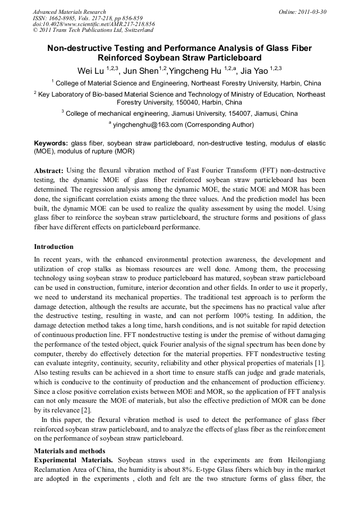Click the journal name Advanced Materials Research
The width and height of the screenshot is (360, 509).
click(x=69, y=12)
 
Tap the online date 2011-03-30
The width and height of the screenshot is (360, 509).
click(x=311, y=12)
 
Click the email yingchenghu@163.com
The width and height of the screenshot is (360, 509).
click(x=148, y=125)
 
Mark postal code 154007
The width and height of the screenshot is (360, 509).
click(x=229, y=114)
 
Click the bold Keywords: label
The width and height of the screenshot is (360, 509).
click(x=51, y=143)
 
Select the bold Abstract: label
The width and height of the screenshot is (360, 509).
click(x=49, y=170)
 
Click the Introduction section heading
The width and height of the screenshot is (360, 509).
click(x=54, y=247)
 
